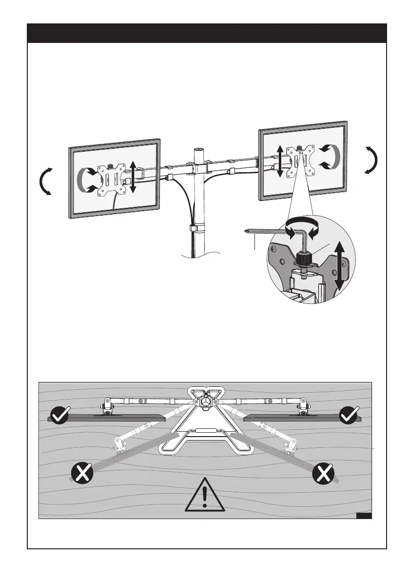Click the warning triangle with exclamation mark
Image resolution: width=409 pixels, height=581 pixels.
[x=205, y=496]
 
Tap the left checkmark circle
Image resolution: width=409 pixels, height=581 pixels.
[x=60, y=416]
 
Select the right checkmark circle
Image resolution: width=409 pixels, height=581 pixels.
[x=349, y=416]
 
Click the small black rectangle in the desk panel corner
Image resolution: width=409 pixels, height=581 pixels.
[x=364, y=516]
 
